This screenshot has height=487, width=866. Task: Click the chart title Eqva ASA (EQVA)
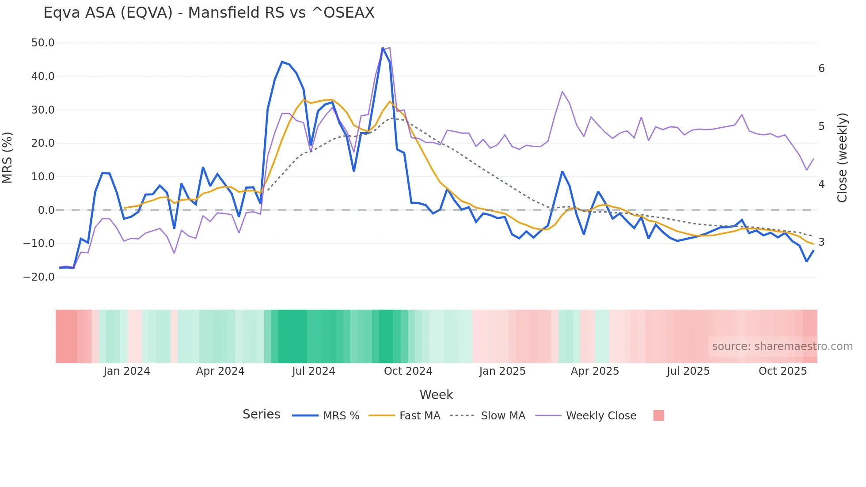point(209,13)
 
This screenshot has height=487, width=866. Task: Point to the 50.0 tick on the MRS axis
point(43,43)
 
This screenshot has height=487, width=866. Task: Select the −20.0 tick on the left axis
point(39,277)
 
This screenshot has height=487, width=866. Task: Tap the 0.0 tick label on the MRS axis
point(46,210)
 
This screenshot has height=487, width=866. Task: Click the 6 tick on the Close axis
point(821,68)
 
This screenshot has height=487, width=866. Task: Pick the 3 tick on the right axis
point(821,242)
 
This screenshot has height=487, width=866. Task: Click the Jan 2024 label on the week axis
point(127,371)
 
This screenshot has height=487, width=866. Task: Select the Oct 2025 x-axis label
point(782,371)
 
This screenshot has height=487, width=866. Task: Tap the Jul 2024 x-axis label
point(313,371)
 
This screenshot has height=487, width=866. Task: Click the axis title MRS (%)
point(8,158)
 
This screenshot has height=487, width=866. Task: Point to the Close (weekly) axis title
point(842,158)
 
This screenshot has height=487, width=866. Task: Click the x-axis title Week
point(436,395)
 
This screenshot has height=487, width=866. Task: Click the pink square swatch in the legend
point(658,415)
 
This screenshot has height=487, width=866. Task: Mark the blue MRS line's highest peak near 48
point(383,48)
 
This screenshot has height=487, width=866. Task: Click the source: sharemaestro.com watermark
point(782,346)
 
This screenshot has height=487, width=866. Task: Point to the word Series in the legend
point(261,415)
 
